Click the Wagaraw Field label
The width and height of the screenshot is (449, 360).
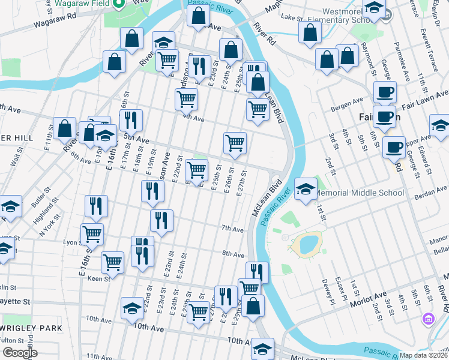(x=84, y=3)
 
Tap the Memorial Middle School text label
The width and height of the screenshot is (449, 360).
(x=359, y=193)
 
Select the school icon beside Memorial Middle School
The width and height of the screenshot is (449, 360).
(x=306, y=190)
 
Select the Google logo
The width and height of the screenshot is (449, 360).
(x=20, y=352)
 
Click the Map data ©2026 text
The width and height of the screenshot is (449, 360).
(x=423, y=355)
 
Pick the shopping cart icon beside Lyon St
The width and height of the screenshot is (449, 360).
(x=92, y=233)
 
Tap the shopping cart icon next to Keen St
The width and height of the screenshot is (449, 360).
(x=113, y=261)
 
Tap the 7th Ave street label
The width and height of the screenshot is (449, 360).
(x=232, y=229)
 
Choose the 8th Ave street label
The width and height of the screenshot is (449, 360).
(x=233, y=254)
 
